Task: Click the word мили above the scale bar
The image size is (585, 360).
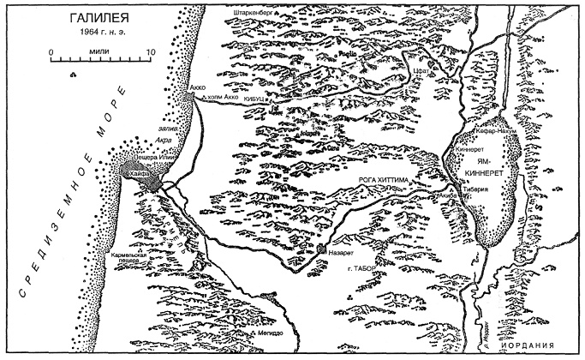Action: pos(102,52)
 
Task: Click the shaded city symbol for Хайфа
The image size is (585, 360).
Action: pos(147,178)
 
